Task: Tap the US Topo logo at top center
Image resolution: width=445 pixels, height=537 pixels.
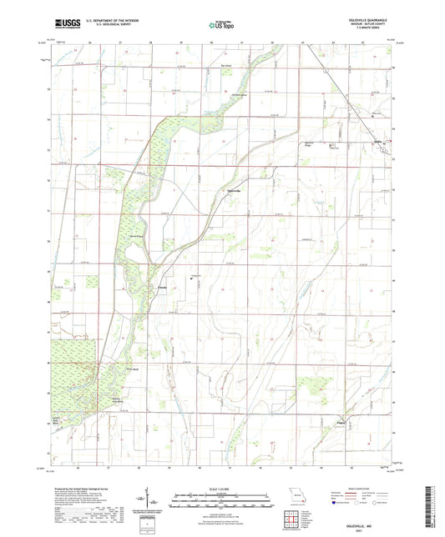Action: tap(222, 25)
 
